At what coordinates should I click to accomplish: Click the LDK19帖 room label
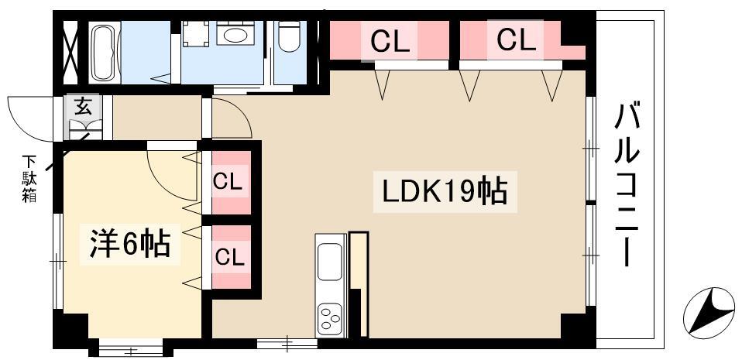pyautogui.click(x=445, y=191)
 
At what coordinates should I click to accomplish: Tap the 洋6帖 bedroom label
pyautogui.click(x=130, y=244)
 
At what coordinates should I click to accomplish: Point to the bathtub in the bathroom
pyautogui.click(x=105, y=52)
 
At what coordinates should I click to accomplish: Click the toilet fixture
pyautogui.click(x=289, y=36)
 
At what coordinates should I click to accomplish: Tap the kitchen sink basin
pyautogui.click(x=330, y=262)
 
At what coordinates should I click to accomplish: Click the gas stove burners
pyautogui.click(x=330, y=318)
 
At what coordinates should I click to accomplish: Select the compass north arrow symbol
pyautogui.click(x=709, y=313)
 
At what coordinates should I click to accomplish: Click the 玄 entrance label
pyautogui.click(x=82, y=108)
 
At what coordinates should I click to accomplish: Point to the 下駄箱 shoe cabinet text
pyautogui.click(x=29, y=179)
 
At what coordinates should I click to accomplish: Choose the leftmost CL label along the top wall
pyautogui.click(x=390, y=41)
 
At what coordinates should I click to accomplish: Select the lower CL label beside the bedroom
pyautogui.click(x=229, y=257)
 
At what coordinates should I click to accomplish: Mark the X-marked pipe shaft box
pyautogui.click(x=70, y=52)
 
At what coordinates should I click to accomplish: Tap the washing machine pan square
pyautogui.click(x=196, y=33)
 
